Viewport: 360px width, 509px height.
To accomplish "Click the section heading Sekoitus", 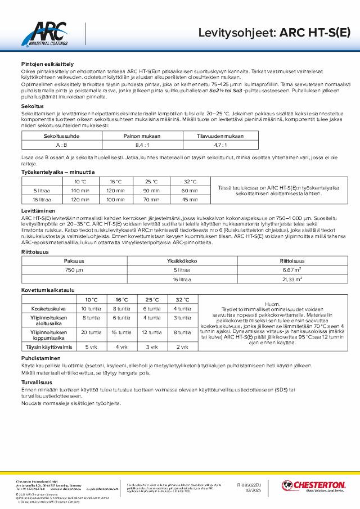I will point(29,106).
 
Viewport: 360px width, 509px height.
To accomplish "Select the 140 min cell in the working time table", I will point(80,191).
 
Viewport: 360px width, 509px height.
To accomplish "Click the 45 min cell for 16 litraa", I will point(190,199).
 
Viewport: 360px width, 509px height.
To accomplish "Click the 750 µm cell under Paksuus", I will point(74,270).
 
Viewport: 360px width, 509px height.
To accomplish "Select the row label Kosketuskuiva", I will point(49,308).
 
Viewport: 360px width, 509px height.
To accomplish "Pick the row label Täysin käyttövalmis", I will point(49,346).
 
